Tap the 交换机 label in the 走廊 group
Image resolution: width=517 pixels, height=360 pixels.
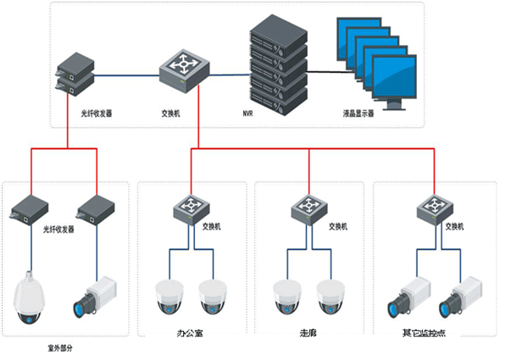tap(337, 227)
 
